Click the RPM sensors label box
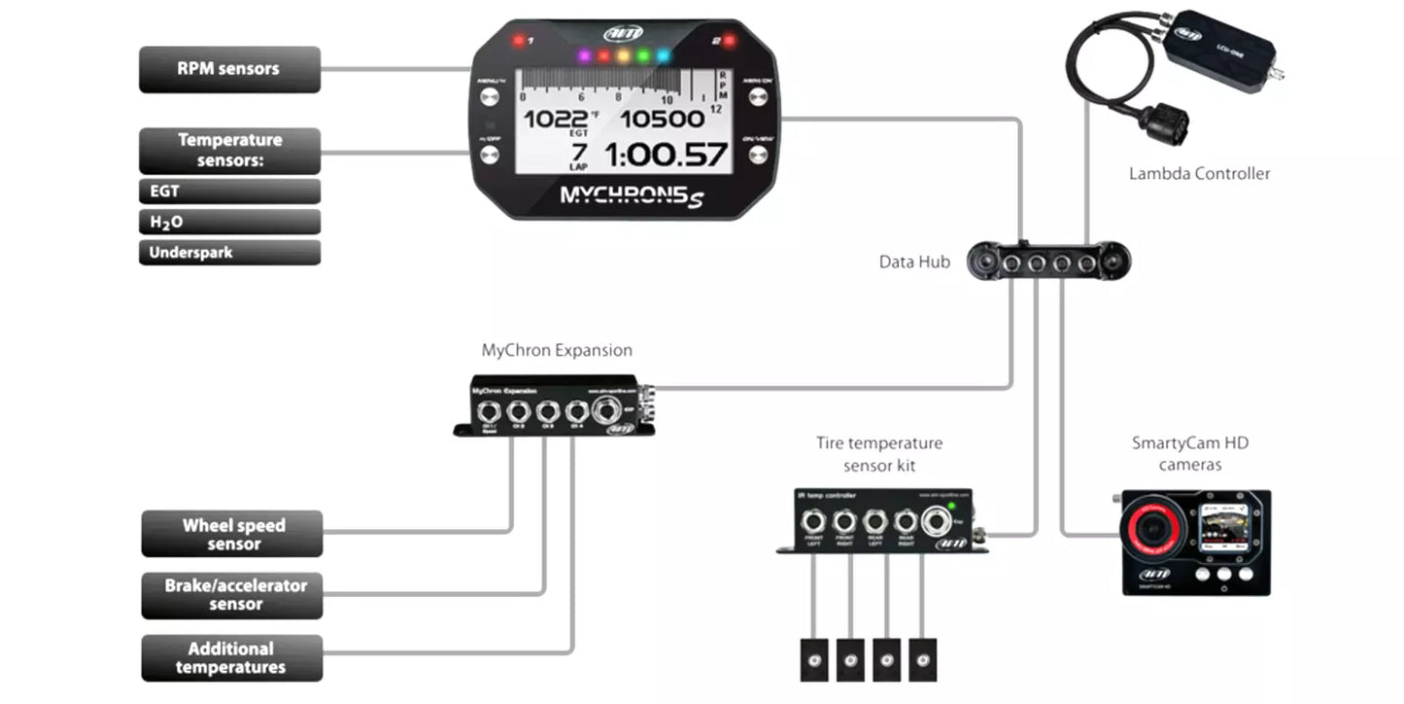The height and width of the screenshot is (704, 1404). pyautogui.click(x=229, y=69)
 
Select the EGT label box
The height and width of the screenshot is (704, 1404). pyautogui.click(x=229, y=192)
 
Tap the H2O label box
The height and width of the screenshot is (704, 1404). pyautogui.click(x=229, y=222)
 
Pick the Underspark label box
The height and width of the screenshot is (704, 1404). pyautogui.click(x=229, y=253)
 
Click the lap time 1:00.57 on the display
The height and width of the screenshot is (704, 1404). pyautogui.click(x=667, y=155)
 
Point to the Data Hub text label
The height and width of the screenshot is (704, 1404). pyautogui.click(x=914, y=262)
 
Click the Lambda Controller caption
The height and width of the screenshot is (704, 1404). pyautogui.click(x=1199, y=174)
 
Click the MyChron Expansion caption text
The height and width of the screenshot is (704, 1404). pyautogui.click(x=557, y=350)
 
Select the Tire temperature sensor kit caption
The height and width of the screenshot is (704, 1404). pyautogui.click(x=879, y=454)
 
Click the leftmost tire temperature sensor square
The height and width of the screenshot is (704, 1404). pyautogui.click(x=812, y=660)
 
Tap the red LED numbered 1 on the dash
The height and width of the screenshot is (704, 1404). pyautogui.click(x=519, y=41)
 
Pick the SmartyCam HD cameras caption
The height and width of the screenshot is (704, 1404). pyautogui.click(x=1190, y=454)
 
